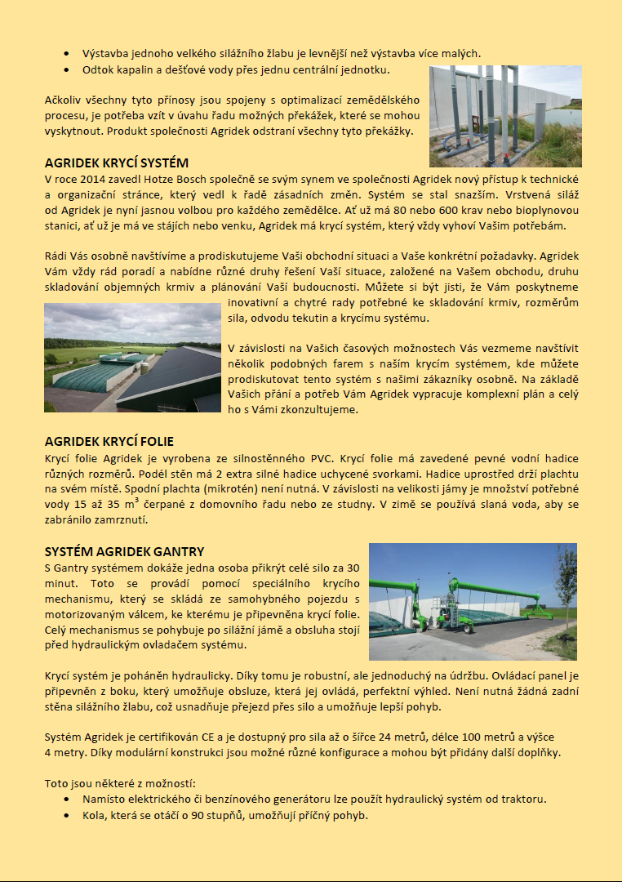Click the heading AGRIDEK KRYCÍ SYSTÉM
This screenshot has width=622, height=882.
pos(116,163)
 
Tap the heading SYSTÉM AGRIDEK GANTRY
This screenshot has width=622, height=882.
pos(124,552)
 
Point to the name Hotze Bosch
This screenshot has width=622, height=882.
pos(175,177)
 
